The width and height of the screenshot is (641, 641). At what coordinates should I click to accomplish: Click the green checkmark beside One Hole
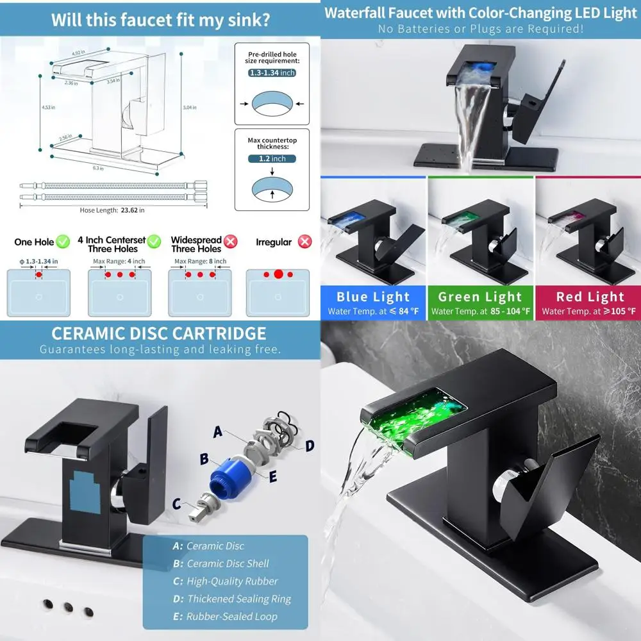click(62, 242)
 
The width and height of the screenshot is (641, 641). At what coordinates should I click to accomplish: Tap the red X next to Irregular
click(305, 242)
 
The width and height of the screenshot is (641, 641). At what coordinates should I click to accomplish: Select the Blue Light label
click(373, 297)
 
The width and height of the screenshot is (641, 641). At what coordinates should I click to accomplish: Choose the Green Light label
click(480, 297)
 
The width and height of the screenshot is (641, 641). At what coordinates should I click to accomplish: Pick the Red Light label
click(590, 297)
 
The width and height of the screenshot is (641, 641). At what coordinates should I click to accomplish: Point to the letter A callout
click(218, 433)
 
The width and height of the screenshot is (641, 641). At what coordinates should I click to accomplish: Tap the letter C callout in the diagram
click(177, 503)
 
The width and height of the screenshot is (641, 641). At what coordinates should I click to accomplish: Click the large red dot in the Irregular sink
click(278, 274)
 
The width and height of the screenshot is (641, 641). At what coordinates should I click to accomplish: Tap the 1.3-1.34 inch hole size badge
click(272, 73)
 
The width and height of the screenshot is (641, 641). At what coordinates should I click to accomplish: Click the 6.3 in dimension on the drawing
click(98, 168)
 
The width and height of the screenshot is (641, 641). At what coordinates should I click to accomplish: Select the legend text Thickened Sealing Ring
click(238, 599)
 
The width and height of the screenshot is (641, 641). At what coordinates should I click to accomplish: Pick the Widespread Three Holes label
click(196, 244)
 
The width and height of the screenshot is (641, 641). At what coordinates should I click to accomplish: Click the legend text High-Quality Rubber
click(232, 581)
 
